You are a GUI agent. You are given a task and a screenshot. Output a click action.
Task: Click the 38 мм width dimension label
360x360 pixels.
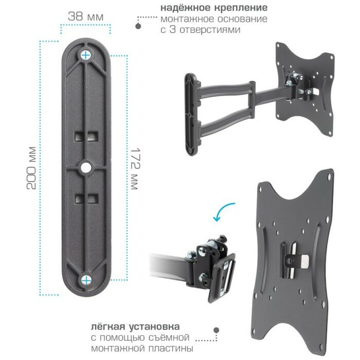click(86, 16)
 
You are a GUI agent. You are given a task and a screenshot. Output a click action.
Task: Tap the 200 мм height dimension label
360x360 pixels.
click(31, 168)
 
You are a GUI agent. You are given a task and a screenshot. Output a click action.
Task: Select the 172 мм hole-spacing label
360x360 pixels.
click(135, 169)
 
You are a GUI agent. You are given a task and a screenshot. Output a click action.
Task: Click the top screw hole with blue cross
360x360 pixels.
click(86, 55)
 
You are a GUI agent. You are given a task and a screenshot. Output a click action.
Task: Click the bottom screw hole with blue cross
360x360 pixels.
click(86, 280)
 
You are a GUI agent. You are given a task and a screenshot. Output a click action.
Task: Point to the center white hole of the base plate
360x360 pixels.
click(86, 168)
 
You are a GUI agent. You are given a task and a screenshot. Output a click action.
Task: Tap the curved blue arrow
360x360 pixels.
click(223, 211)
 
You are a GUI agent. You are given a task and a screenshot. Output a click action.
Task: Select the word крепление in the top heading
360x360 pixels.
click(241, 8)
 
